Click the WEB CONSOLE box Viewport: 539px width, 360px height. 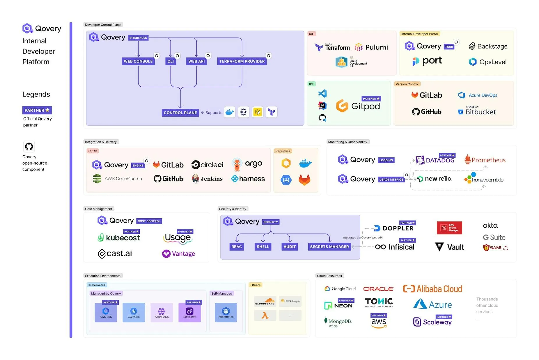[138, 61]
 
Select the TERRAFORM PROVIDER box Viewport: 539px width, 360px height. [242, 61]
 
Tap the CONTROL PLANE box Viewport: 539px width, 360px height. [180, 113]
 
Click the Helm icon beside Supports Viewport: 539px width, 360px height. [244, 112]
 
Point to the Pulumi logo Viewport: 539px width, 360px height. [371, 47]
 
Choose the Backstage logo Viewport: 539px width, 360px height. [488, 47]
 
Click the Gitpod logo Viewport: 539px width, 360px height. [358, 106]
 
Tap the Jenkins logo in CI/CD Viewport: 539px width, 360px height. [207, 179]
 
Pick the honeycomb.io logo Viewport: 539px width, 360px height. [484, 179]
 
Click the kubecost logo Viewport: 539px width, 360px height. [119, 238]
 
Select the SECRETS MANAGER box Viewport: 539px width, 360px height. [329, 247]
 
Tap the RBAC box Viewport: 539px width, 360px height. [237, 247]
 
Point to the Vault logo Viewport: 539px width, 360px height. [450, 247]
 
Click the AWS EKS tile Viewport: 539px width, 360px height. [106, 312]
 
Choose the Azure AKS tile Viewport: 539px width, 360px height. [162, 312]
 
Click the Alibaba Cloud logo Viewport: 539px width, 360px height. [432, 289]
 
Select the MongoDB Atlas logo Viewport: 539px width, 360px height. [338, 322]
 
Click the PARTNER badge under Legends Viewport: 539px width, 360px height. [37, 110]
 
